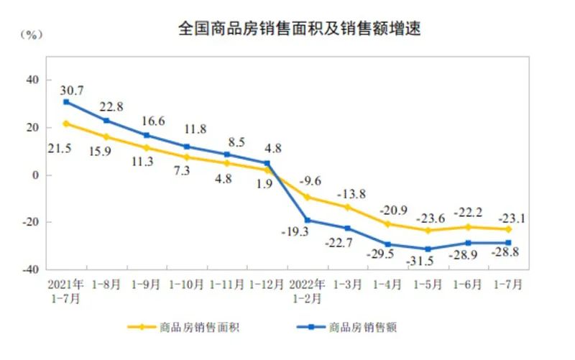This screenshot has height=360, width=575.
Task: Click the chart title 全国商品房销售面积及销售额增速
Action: point(299,29)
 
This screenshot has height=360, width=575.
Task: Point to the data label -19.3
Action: point(293,232)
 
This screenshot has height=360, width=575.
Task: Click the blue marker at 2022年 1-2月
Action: point(308,221)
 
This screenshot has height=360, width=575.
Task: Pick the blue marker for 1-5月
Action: point(428,249)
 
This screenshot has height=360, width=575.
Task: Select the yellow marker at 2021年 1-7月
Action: point(66,124)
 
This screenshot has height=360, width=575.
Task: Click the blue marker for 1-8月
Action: point(106,121)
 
